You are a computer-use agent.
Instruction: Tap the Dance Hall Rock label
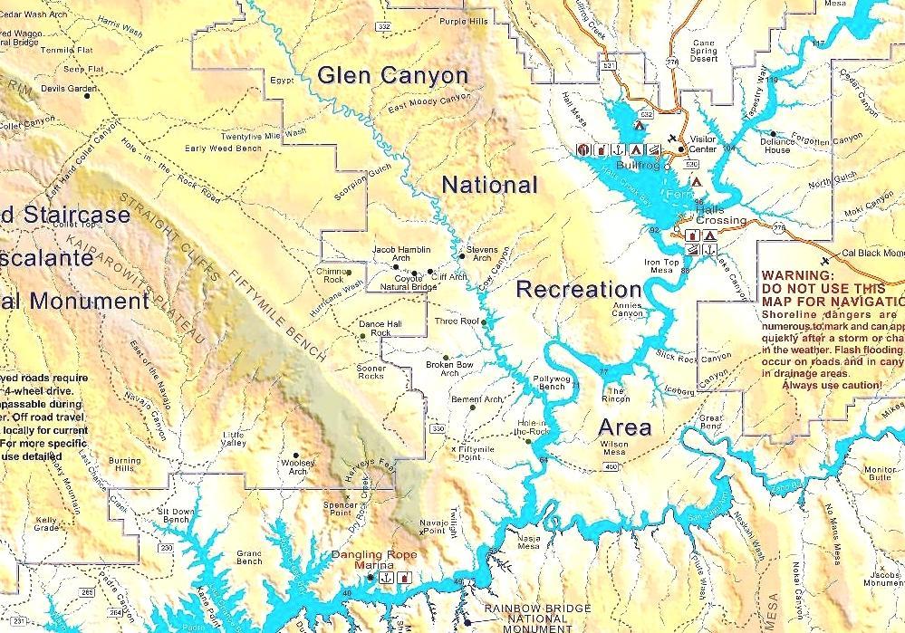tap(374, 328)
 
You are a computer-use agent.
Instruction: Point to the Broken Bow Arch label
tap(449, 369)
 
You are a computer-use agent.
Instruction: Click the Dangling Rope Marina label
tap(371, 561)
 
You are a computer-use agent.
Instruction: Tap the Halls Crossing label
tap(721, 215)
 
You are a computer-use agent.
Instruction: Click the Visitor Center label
tap(703, 144)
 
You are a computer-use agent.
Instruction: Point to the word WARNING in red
tap(795, 274)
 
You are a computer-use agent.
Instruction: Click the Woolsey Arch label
tap(297, 466)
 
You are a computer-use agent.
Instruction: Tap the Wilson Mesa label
tap(614, 448)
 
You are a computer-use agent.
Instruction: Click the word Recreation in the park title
tap(579, 290)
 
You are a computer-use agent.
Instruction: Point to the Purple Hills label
tap(463, 22)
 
